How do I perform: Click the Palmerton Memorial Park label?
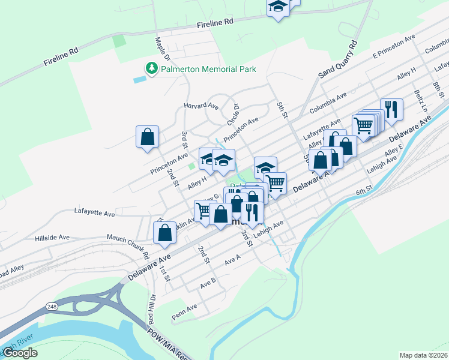click(x=209, y=69)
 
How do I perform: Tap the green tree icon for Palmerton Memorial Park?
click(x=152, y=68)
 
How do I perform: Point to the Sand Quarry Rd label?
click(x=337, y=59)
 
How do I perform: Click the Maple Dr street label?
click(x=163, y=50)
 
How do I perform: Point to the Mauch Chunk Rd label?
click(x=128, y=243)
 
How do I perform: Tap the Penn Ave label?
click(x=184, y=309)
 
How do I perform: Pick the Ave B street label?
click(x=208, y=281)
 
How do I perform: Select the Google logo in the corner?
click(x=20, y=353)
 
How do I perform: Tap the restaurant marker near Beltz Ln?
click(x=391, y=110)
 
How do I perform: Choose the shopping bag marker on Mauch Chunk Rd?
click(x=164, y=233)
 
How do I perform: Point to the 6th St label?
click(x=364, y=190)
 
